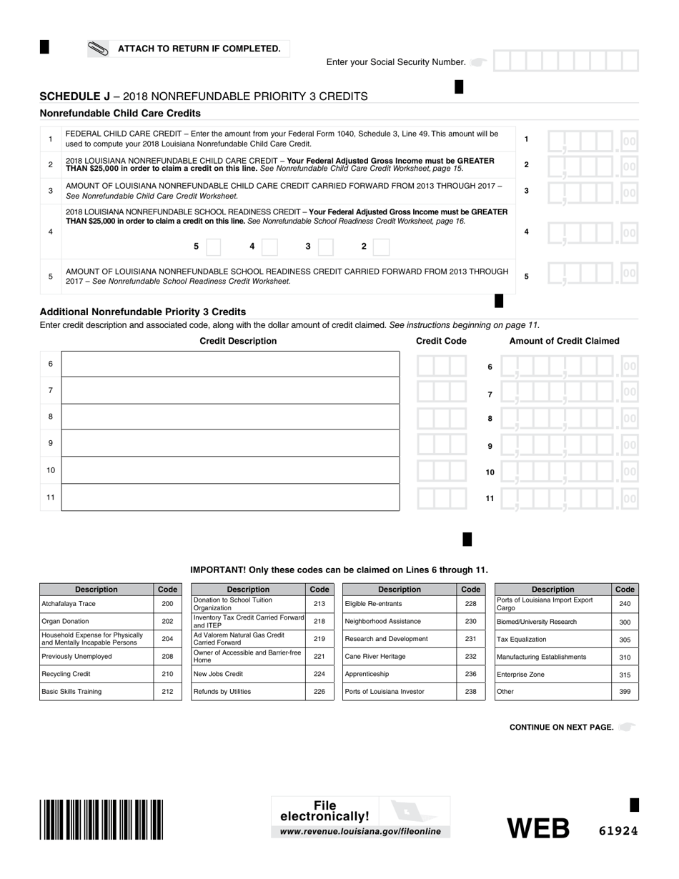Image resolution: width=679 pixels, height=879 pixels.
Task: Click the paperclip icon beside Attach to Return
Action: (x=97, y=49)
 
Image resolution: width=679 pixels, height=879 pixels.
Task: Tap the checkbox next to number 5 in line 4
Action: (x=213, y=247)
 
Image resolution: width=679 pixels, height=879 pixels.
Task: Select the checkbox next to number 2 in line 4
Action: (x=381, y=247)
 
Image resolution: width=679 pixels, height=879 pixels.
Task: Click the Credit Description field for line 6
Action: (x=230, y=364)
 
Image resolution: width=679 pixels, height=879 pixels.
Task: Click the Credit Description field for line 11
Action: (x=230, y=497)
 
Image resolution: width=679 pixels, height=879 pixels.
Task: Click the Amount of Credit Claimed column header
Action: (x=564, y=341)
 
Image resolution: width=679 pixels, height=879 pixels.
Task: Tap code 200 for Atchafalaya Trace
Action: (x=167, y=604)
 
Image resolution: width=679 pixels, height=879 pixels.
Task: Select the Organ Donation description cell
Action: (x=96, y=622)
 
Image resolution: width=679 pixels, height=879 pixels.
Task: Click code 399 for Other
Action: (x=625, y=692)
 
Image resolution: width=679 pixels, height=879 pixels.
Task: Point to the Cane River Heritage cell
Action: (x=400, y=657)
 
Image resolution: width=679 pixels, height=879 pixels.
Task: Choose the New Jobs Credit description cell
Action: (x=248, y=674)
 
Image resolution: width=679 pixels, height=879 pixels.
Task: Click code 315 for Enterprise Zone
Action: (x=625, y=675)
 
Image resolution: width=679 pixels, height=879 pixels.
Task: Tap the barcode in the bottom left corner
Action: (x=101, y=819)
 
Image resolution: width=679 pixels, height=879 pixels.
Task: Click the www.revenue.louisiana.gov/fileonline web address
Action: (x=360, y=832)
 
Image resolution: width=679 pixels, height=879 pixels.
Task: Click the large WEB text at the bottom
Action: (x=538, y=828)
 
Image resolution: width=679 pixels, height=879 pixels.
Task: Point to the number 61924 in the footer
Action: (x=618, y=830)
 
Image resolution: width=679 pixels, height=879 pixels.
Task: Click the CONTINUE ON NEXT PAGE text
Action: (x=561, y=727)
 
